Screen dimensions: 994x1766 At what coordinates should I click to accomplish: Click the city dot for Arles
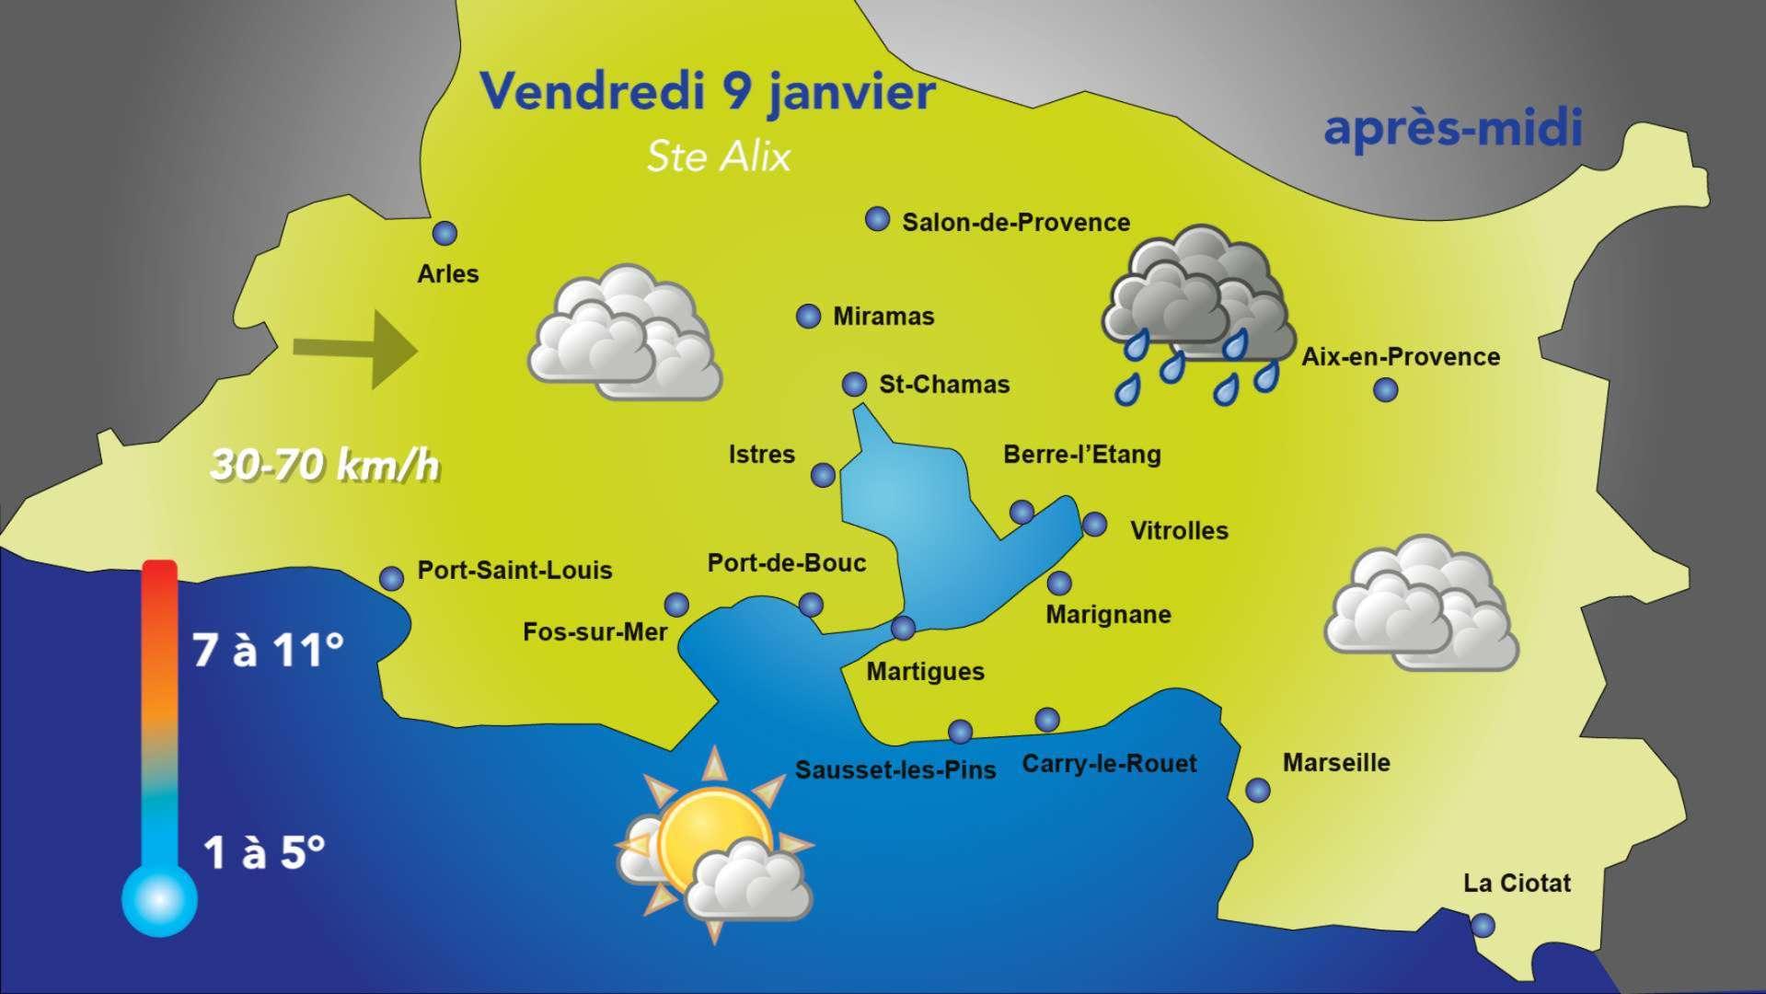point(445,234)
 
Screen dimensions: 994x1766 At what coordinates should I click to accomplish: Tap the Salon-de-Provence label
point(1015,223)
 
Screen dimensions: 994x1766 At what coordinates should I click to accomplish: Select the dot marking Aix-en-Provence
point(1385,390)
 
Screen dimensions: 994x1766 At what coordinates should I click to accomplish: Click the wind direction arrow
point(355,350)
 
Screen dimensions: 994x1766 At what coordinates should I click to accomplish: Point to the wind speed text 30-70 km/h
point(325,466)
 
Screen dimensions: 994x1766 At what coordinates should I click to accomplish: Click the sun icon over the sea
point(713,842)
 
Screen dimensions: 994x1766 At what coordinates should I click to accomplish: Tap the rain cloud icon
point(1198,313)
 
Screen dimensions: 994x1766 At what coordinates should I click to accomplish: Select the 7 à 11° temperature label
point(268,652)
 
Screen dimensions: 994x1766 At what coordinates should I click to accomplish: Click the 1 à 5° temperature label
point(264,853)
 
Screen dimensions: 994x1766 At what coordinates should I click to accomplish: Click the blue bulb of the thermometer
point(159,897)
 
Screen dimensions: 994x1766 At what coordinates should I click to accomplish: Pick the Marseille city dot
point(1257,790)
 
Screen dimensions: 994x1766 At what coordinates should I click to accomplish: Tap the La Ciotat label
point(1517,884)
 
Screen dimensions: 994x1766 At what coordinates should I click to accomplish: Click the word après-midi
point(1452,129)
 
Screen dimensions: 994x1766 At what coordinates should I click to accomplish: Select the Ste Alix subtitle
point(719,156)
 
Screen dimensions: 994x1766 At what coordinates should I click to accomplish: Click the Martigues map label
point(925,672)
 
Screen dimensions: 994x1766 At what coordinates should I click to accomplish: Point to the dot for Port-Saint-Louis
point(392,578)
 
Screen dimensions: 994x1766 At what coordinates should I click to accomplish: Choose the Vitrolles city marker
point(1094,525)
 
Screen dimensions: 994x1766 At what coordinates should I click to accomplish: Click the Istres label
point(761,455)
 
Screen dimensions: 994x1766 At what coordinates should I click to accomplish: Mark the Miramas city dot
point(807,317)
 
